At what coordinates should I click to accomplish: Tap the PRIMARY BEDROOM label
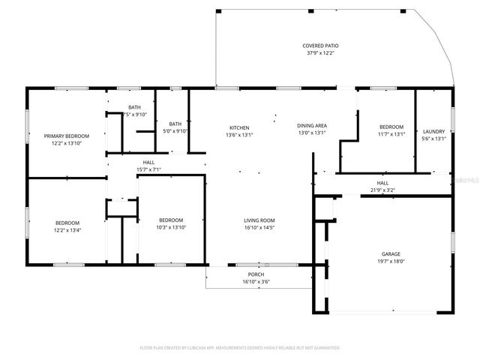tap(67, 136)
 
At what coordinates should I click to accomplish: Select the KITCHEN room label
tap(239, 127)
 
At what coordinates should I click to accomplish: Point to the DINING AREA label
tap(313, 126)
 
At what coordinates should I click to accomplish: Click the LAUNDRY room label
tap(434, 130)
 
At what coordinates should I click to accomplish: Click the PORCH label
tap(256, 274)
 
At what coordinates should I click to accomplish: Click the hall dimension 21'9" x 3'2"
tap(382, 190)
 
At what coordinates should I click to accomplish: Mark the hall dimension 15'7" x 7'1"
tap(149, 169)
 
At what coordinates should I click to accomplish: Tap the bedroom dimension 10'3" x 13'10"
tap(172, 227)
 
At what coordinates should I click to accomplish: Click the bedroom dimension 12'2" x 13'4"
tap(67, 230)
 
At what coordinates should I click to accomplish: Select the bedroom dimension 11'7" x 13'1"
tap(391, 135)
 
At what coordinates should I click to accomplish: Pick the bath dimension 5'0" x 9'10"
tap(175, 131)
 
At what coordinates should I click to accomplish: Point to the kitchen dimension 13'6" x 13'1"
tap(239, 135)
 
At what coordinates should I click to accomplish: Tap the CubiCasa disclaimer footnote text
tap(240, 348)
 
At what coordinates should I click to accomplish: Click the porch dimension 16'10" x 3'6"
tap(256, 282)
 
